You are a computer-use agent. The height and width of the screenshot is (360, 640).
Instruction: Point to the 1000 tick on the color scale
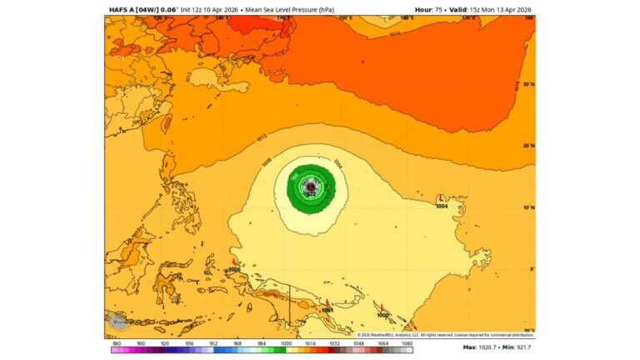tap(287, 342)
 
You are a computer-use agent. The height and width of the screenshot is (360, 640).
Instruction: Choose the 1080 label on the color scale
tap(407, 342)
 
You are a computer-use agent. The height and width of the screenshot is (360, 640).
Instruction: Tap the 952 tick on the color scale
tap(213, 342)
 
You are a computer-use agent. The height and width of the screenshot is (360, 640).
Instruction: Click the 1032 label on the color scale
tap(333, 342)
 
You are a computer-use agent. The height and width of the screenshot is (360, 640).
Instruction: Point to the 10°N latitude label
tap(527, 207)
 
